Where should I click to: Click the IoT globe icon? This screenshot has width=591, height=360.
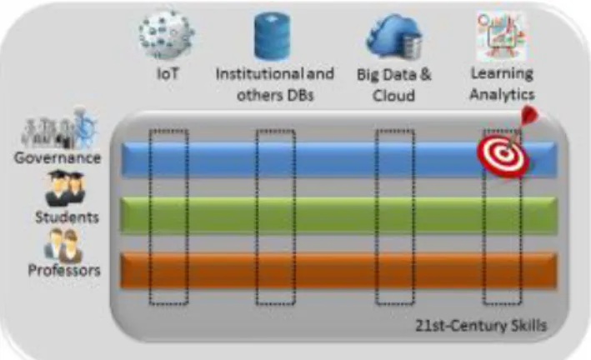pyautogui.click(x=167, y=36)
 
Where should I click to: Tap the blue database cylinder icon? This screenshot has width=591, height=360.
pyautogui.click(x=272, y=36)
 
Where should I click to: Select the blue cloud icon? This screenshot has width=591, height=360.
pyautogui.click(x=394, y=36)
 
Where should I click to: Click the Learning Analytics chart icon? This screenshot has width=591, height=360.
pyautogui.click(x=501, y=36)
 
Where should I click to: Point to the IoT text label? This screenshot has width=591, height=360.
pyautogui.click(x=168, y=73)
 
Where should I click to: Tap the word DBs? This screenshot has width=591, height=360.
pyautogui.click(x=299, y=95)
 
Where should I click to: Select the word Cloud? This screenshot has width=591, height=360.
pyautogui.click(x=393, y=95)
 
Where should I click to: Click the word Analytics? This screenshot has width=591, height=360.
pyautogui.click(x=502, y=94)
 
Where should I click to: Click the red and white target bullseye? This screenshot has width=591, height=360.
pyautogui.click(x=503, y=154)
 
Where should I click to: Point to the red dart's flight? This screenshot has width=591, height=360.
pyautogui.click(x=529, y=115)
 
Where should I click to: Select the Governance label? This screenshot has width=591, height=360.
pyautogui.click(x=58, y=158)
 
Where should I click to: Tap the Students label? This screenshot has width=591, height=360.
pyautogui.click(x=67, y=217)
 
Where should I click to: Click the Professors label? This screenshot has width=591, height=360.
pyautogui.click(x=64, y=270)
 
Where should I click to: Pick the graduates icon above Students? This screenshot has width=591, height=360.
pyautogui.click(x=65, y=188)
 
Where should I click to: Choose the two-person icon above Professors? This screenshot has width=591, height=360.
pyautogui.click(x=63, y=245)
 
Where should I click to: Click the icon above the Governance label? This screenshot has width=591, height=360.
pyautogui.click(x=59, y=128)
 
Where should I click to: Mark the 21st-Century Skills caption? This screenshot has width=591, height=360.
pyautogui.click(x=481, y=325)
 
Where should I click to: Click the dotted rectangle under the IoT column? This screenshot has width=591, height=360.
pyautogui.click(x=150, y=217)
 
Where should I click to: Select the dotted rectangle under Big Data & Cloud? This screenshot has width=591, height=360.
pyautogui.click(x=376, y=217)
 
